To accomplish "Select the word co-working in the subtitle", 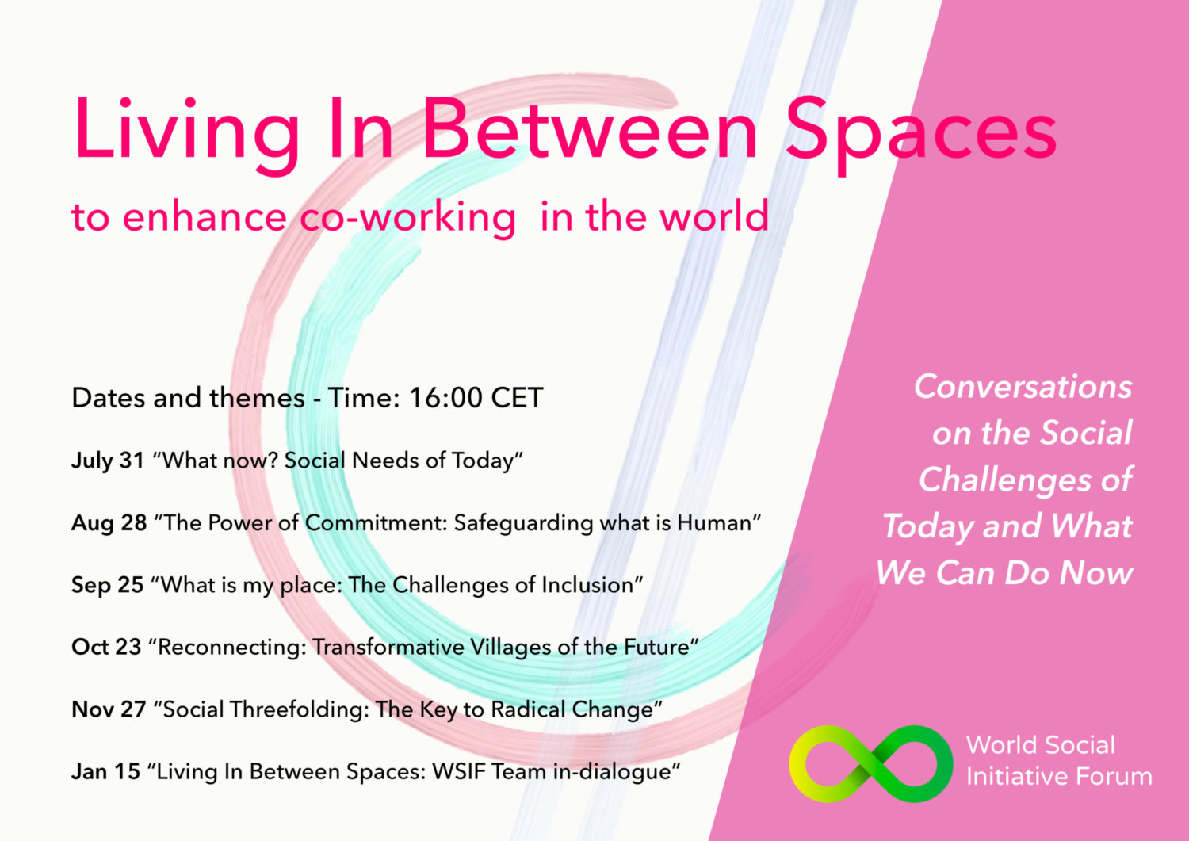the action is coord(407,218).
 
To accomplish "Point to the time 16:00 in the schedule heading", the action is coord(445,398).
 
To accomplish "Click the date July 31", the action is coord(108,461).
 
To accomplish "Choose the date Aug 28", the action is coord(109,523).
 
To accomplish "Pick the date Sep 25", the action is coord(107,585).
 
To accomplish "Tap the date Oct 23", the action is coord(106,648).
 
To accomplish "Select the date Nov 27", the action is coord(109,709).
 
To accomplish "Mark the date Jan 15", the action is coord(105,771).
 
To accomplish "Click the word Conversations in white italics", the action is coord(1023,387).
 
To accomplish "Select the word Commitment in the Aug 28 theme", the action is coord(376,523).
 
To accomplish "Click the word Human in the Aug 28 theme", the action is coord(714,523).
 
